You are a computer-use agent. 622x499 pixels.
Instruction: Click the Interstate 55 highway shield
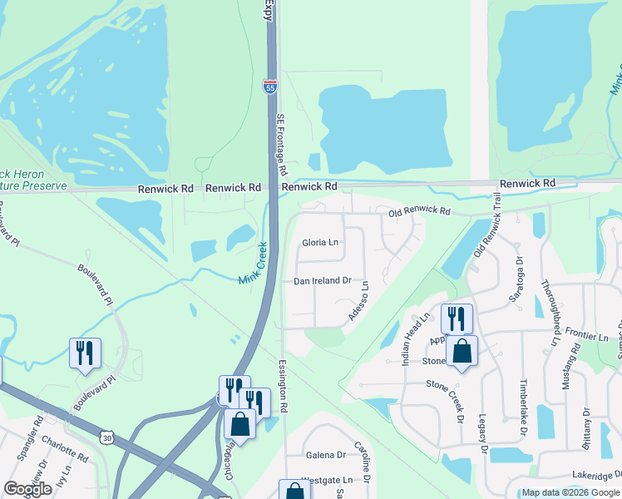(269, 86)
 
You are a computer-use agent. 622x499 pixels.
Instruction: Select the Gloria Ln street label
(320, 243)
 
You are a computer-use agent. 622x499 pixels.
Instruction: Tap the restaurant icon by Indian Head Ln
(457, 319)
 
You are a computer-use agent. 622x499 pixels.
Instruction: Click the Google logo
(27, 489)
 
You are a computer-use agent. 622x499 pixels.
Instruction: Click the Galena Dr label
(325, 455)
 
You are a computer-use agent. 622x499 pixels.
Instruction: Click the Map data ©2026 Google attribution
(570, 492)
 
